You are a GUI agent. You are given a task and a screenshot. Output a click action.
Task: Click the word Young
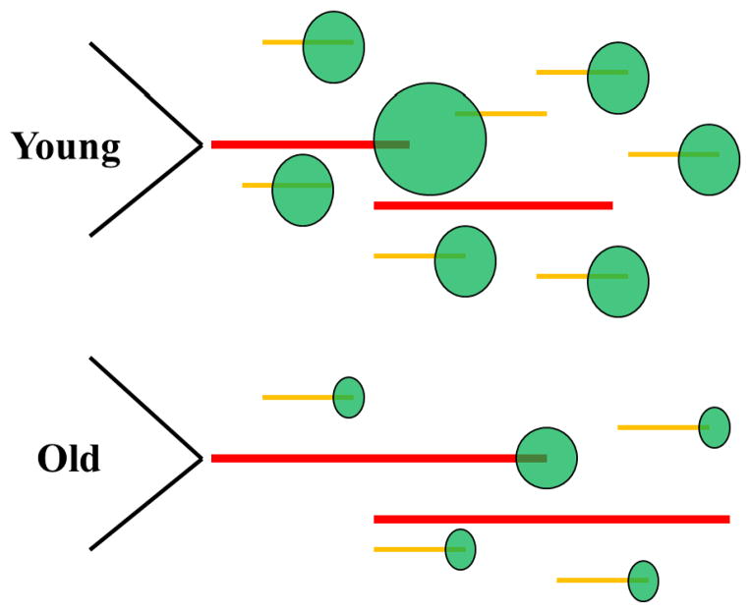[x=66, y=147]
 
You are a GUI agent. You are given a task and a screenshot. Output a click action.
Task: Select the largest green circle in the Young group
[x=430, y=139]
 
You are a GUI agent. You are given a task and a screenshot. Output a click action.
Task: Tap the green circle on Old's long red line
[x=547, y=458]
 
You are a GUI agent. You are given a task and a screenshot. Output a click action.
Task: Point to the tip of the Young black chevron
[x=201, y=144]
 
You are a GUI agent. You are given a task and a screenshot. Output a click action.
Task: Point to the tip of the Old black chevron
[x=201, y=458]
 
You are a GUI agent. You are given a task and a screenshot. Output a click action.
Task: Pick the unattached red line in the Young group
[x=492, y=205]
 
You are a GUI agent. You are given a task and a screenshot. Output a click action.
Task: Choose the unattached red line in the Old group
[x=551, y=519]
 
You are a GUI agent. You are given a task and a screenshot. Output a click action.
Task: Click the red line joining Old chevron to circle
[x=364, y=458]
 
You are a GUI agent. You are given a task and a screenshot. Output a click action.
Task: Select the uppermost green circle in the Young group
[x=333, y=47]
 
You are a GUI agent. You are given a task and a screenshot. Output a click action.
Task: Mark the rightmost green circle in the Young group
[x=709, y=159]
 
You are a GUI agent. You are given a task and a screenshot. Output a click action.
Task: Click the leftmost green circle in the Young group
[x=303, y=190]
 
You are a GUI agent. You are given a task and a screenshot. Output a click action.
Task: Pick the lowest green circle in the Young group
[x=618, y=281]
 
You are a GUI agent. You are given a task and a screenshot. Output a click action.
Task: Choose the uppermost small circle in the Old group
[x=349, y=397]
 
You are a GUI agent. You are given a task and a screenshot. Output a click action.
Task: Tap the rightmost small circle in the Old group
[x=715, y=427]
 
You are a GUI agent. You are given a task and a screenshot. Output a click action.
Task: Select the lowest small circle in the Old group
[x=643, y=581]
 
